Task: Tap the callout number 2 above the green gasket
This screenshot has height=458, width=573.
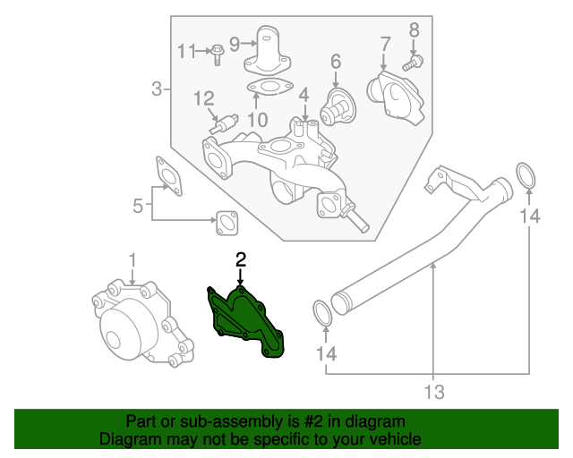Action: coord(240,260)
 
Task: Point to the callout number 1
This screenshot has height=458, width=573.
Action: coord(133,260)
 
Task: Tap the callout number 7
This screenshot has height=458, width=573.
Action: coord(386,43)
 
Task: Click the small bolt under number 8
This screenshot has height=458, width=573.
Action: coord(413,62)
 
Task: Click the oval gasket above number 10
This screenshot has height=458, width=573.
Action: coord(269,89)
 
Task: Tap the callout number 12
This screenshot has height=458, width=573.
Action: coord(203,98)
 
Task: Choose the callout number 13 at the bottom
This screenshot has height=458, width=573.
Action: coord(434,392)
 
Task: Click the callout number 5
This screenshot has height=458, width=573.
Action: coord(138,207)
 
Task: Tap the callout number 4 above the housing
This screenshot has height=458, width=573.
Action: coord(304,94)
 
